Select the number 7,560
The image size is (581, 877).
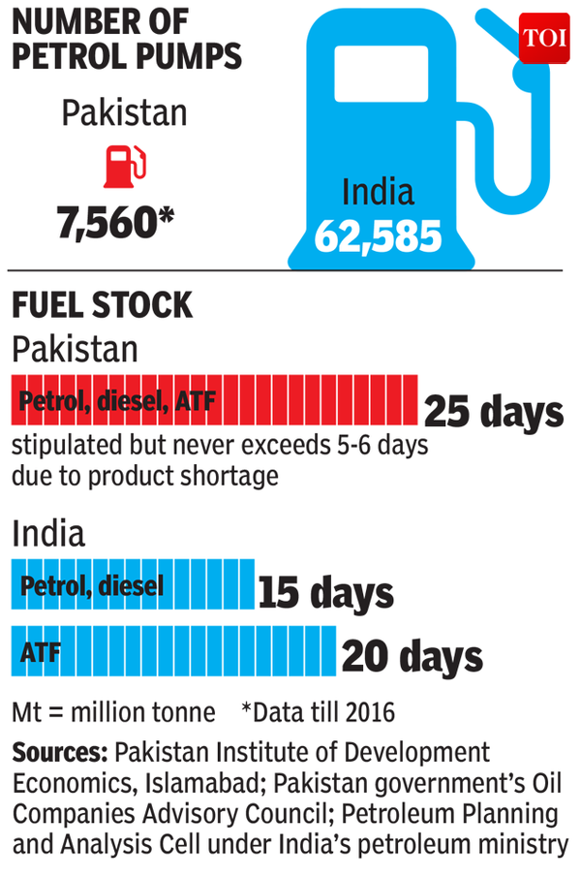coord(117,224)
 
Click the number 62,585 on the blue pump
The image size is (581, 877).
coord(379,236)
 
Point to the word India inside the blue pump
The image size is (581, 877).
coord(377,191)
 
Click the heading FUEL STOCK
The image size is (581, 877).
coord(102,306)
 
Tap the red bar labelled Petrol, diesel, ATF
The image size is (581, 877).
coord(214,400)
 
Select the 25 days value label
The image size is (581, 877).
coord(493,412)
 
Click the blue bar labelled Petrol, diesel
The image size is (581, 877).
coord(133,585)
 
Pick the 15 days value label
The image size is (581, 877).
coord(325,592)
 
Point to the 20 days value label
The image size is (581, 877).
coord(412,658)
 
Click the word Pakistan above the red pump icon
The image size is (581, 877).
coord(124,113)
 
